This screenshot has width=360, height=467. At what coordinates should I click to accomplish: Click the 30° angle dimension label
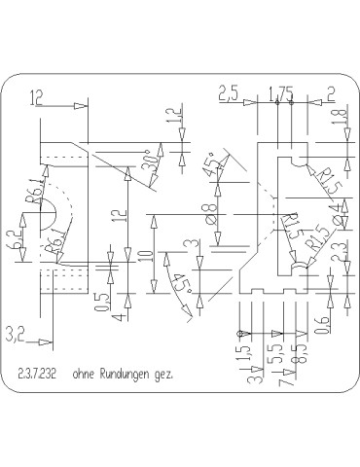click(x=149, y=160)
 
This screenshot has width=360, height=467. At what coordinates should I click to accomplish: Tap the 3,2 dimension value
click(x=15, y=336)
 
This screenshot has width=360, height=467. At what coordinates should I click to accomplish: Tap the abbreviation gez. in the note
click(x=161, y=374)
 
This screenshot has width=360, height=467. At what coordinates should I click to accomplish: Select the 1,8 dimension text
click(x=338, y=117)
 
